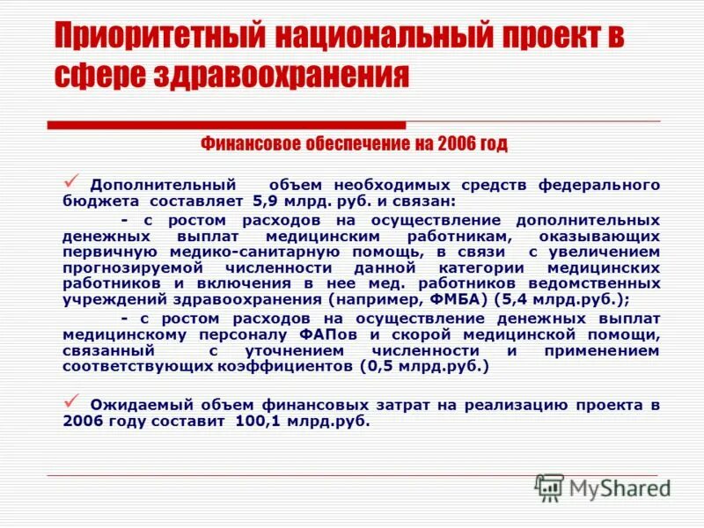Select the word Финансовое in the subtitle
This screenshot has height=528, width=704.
tap(247, 143)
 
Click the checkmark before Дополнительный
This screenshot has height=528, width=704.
tap(74, 180)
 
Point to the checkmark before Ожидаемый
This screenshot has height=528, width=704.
tap(74, 400)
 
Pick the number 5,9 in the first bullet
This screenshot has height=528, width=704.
tap(268, 200)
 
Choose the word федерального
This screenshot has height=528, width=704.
tap(598, 185)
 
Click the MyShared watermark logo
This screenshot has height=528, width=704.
tap(604, 487)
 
